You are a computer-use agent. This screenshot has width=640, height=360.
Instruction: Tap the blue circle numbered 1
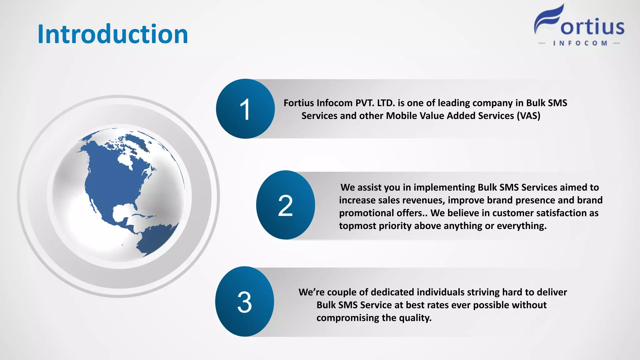pyautogui.click(x=245, y=109)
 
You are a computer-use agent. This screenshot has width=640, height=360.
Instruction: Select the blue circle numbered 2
pyautogui.click(x=285, y=205)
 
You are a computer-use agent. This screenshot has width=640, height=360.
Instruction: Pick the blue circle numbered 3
pyautogui.click(x=244, y=302)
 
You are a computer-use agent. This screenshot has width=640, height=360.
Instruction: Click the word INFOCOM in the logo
pyautogui.click(x=580, y=43)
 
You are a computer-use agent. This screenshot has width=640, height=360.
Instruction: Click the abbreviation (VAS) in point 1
pyautogui.click(x=528, y=116)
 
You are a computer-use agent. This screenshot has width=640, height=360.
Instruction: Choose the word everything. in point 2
pyautogui.click(x=522, y=226)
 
